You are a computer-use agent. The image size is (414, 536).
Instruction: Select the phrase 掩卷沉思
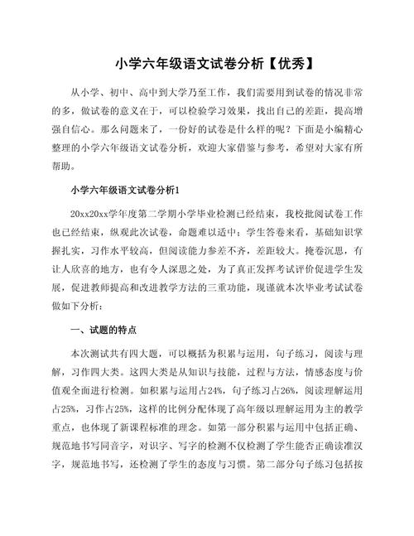point(313,249)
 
